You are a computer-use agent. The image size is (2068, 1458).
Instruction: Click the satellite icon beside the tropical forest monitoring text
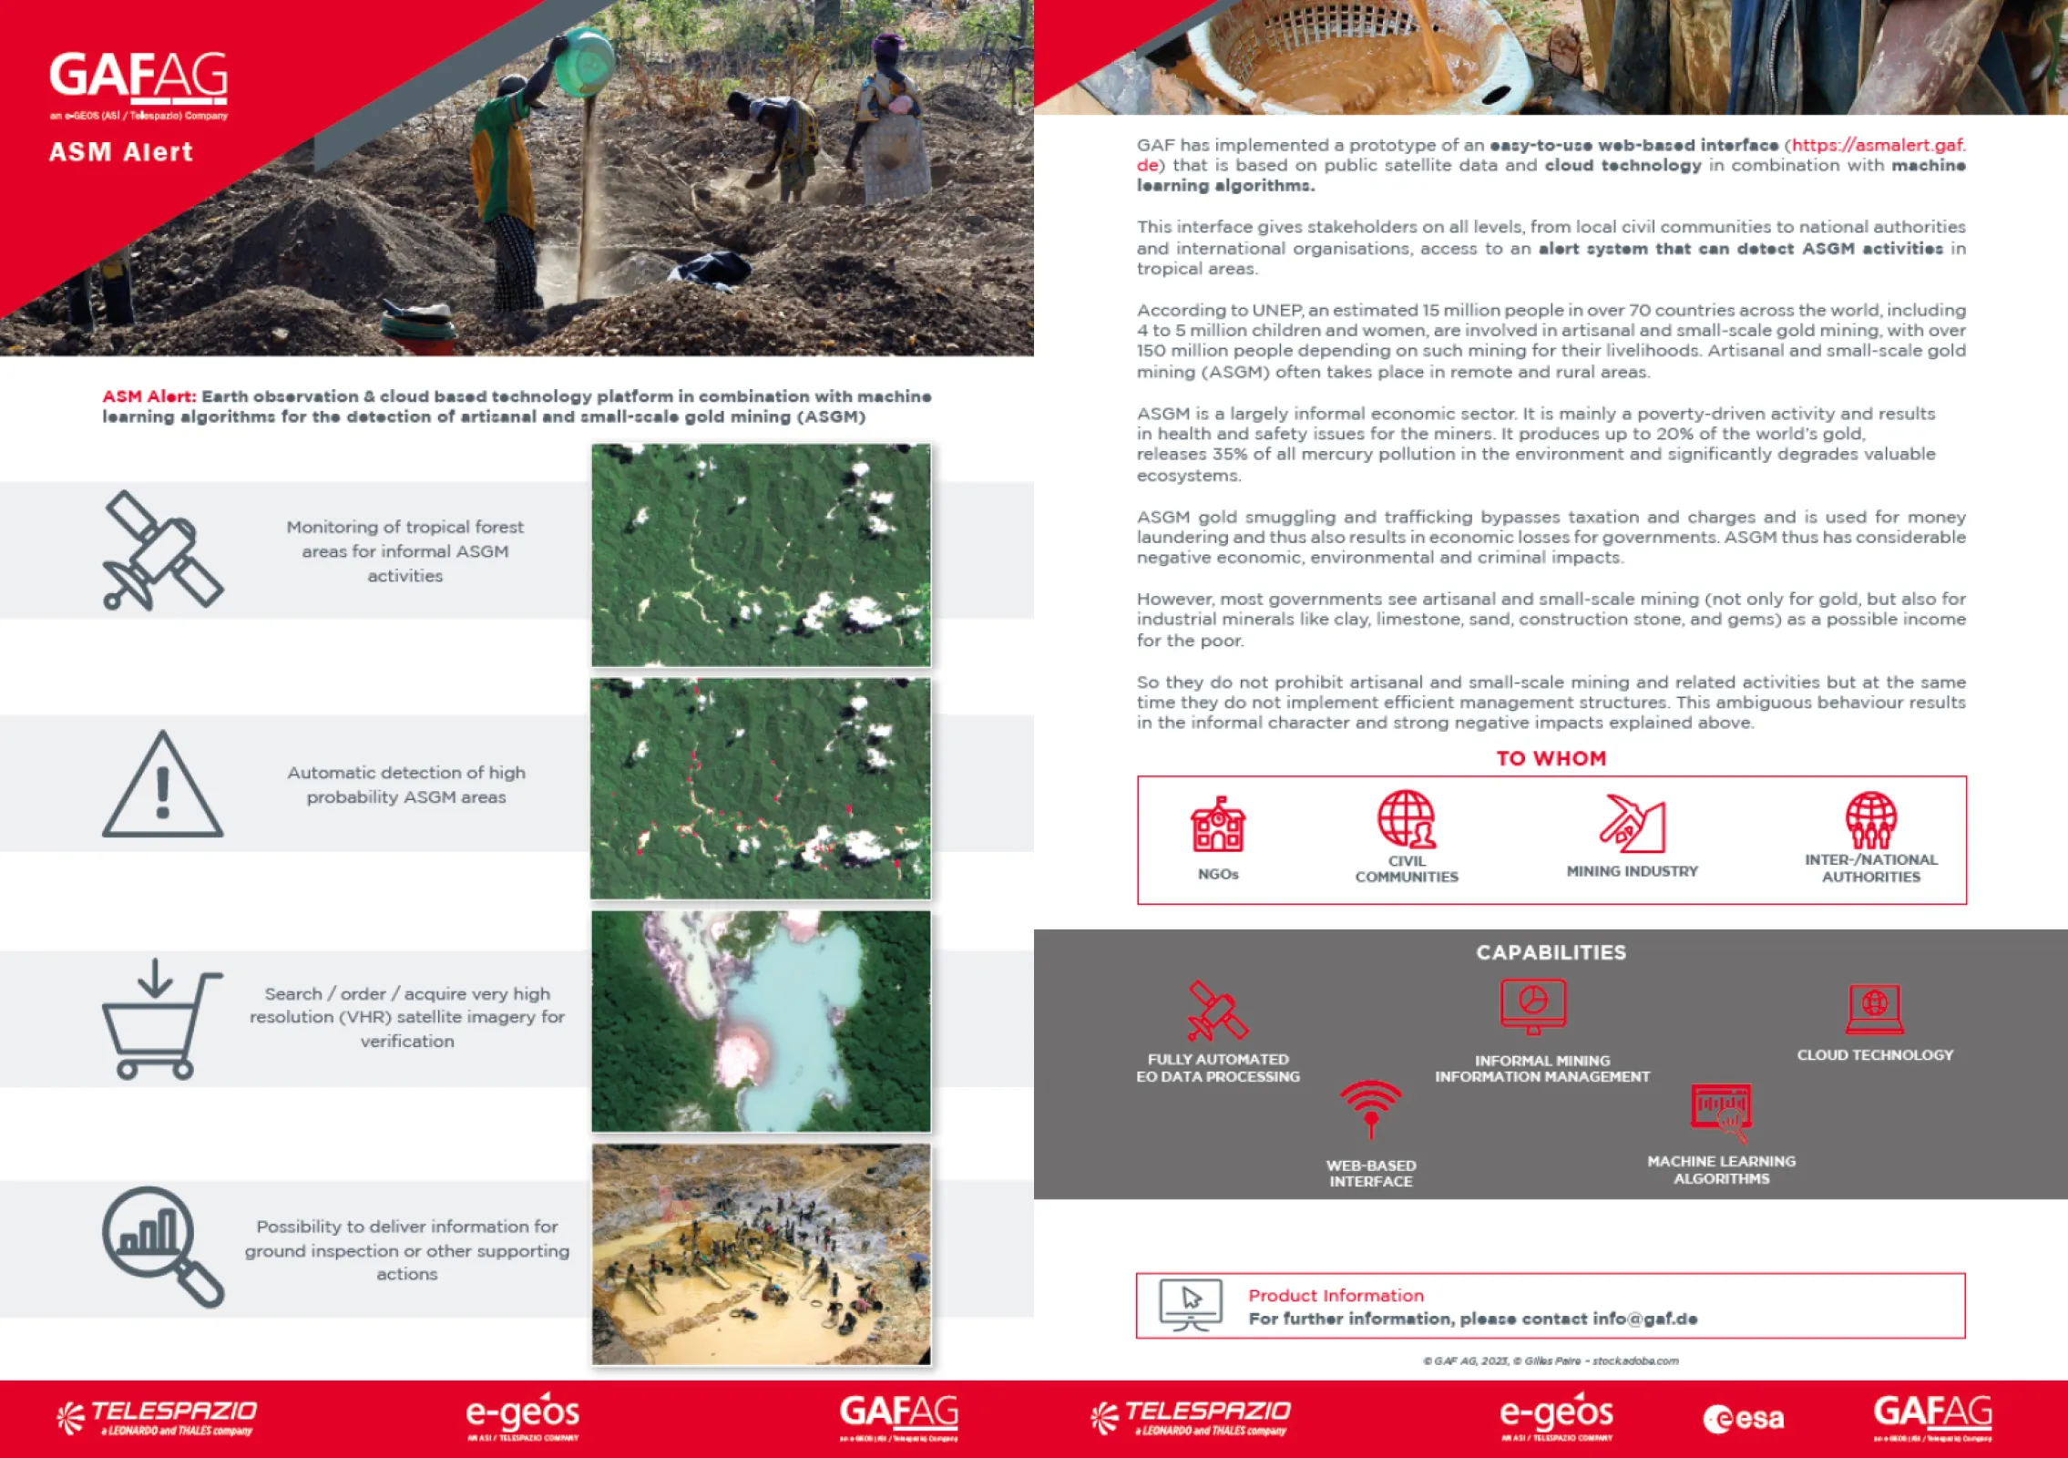coord(163,550)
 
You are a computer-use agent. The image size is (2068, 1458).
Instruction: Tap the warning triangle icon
coord(162,785)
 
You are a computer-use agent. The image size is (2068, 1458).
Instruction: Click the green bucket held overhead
coord(584,62)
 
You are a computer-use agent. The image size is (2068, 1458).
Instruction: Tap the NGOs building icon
coord(1218,825)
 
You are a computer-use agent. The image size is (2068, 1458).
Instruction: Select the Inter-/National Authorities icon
coord(1871,820)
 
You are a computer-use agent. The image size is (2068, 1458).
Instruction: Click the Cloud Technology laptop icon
coord(1874,1009)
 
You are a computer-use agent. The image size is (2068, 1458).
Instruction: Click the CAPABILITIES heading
coord(1551,952)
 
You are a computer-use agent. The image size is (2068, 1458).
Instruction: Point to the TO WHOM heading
coord(1551,758)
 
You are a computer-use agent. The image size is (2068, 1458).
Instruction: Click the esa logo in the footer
coord(1743,1418)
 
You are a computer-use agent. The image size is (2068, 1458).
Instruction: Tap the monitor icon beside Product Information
coord(1191,1305)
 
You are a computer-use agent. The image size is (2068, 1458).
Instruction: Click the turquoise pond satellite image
coord(761,1022)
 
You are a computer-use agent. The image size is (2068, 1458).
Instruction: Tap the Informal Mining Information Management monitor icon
coord(1533,1006)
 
